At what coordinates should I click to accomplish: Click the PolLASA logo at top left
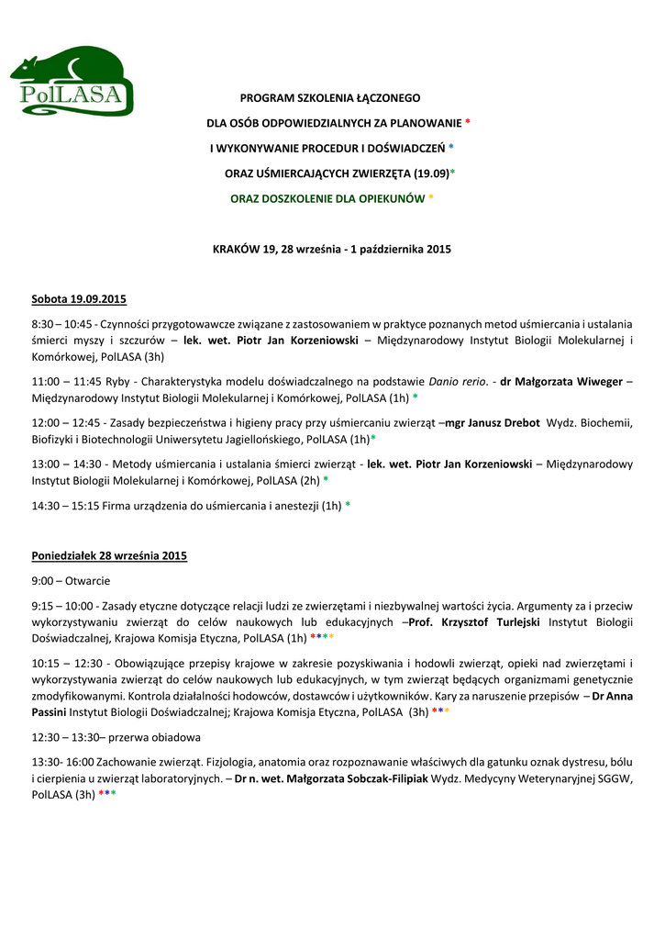72,83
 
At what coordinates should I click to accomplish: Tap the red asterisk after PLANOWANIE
468,122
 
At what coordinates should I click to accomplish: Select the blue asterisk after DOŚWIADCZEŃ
451,148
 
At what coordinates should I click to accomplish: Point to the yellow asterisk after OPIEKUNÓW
431,198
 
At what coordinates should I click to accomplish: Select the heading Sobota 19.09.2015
79,299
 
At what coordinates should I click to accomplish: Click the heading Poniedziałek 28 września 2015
109,556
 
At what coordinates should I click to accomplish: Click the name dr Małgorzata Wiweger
561,381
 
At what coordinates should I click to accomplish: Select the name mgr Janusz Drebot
492,423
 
